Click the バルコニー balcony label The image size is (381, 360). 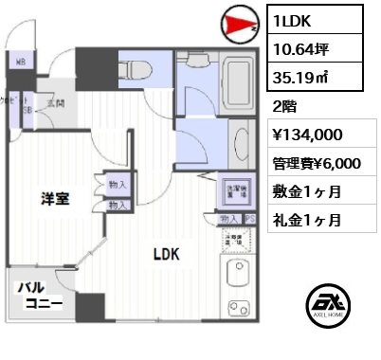[38, 296]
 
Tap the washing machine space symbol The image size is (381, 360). [234, 189]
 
